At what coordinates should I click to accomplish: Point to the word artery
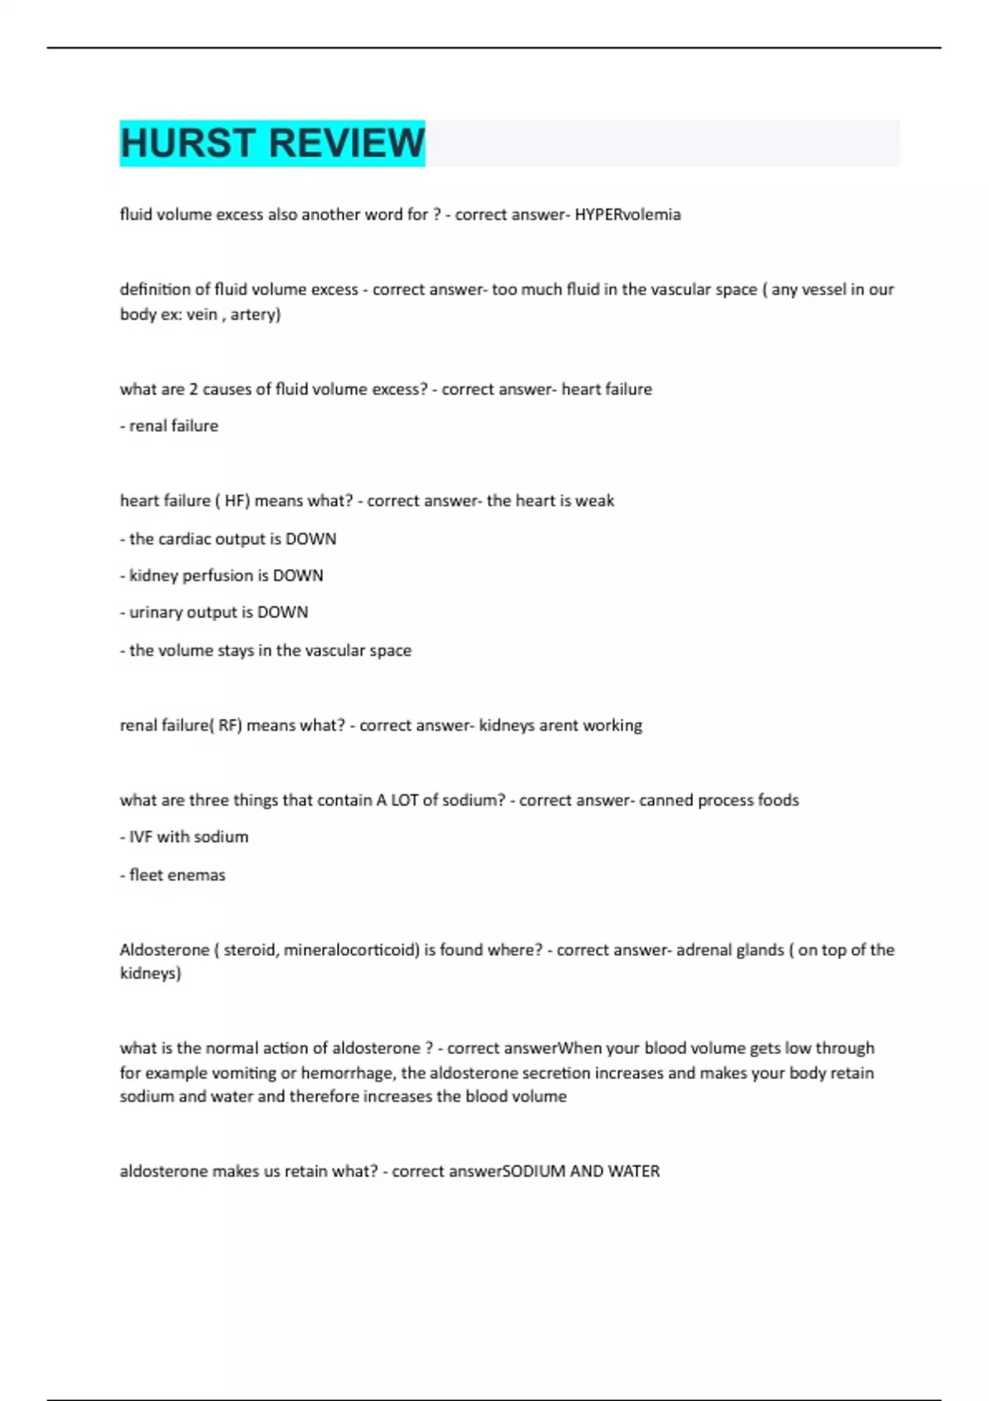[255, 314]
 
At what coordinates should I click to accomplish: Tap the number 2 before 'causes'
[194, 389]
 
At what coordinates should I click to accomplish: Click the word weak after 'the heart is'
[595, 500]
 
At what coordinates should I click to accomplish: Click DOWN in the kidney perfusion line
[298, 575]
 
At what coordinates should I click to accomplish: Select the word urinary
[156, 612]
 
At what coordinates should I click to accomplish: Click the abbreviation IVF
[141, 836]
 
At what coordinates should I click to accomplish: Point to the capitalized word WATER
[634, 1171]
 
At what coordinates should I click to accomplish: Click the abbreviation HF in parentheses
[237, 500]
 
